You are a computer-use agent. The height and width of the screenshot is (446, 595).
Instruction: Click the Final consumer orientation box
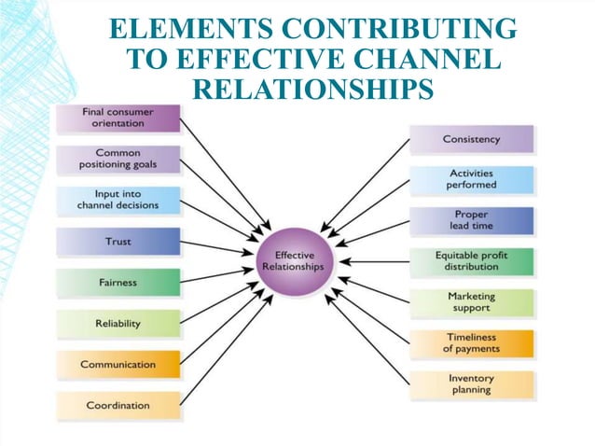(118, 118)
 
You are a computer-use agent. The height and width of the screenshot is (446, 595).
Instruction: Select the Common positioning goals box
(118, 159)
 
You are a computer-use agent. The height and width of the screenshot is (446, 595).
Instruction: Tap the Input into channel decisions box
(118, 200)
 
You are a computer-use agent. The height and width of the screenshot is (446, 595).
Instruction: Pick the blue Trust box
(118, 242)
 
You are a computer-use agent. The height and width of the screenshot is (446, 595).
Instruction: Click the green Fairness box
(118, 283)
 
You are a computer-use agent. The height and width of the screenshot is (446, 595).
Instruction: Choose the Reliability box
(118, 324)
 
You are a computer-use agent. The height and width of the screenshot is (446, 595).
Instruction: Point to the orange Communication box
(118, 365)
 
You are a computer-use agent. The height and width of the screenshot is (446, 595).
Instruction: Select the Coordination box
(118, 406)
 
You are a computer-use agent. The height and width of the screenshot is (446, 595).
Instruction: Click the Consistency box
(472, 139)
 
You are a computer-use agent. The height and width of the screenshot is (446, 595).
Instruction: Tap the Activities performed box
(472, 179)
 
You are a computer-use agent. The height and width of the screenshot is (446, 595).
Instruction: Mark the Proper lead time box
(472, 220)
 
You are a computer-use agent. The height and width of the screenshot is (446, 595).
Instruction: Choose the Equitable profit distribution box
(472, 261)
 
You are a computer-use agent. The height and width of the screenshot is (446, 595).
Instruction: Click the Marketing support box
(472, 302)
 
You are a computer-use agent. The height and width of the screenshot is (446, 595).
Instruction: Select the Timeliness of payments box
(472, 343)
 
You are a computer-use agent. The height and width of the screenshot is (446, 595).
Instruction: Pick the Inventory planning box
(472, 384)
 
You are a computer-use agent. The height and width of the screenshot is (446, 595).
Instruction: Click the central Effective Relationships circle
(295, 260)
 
